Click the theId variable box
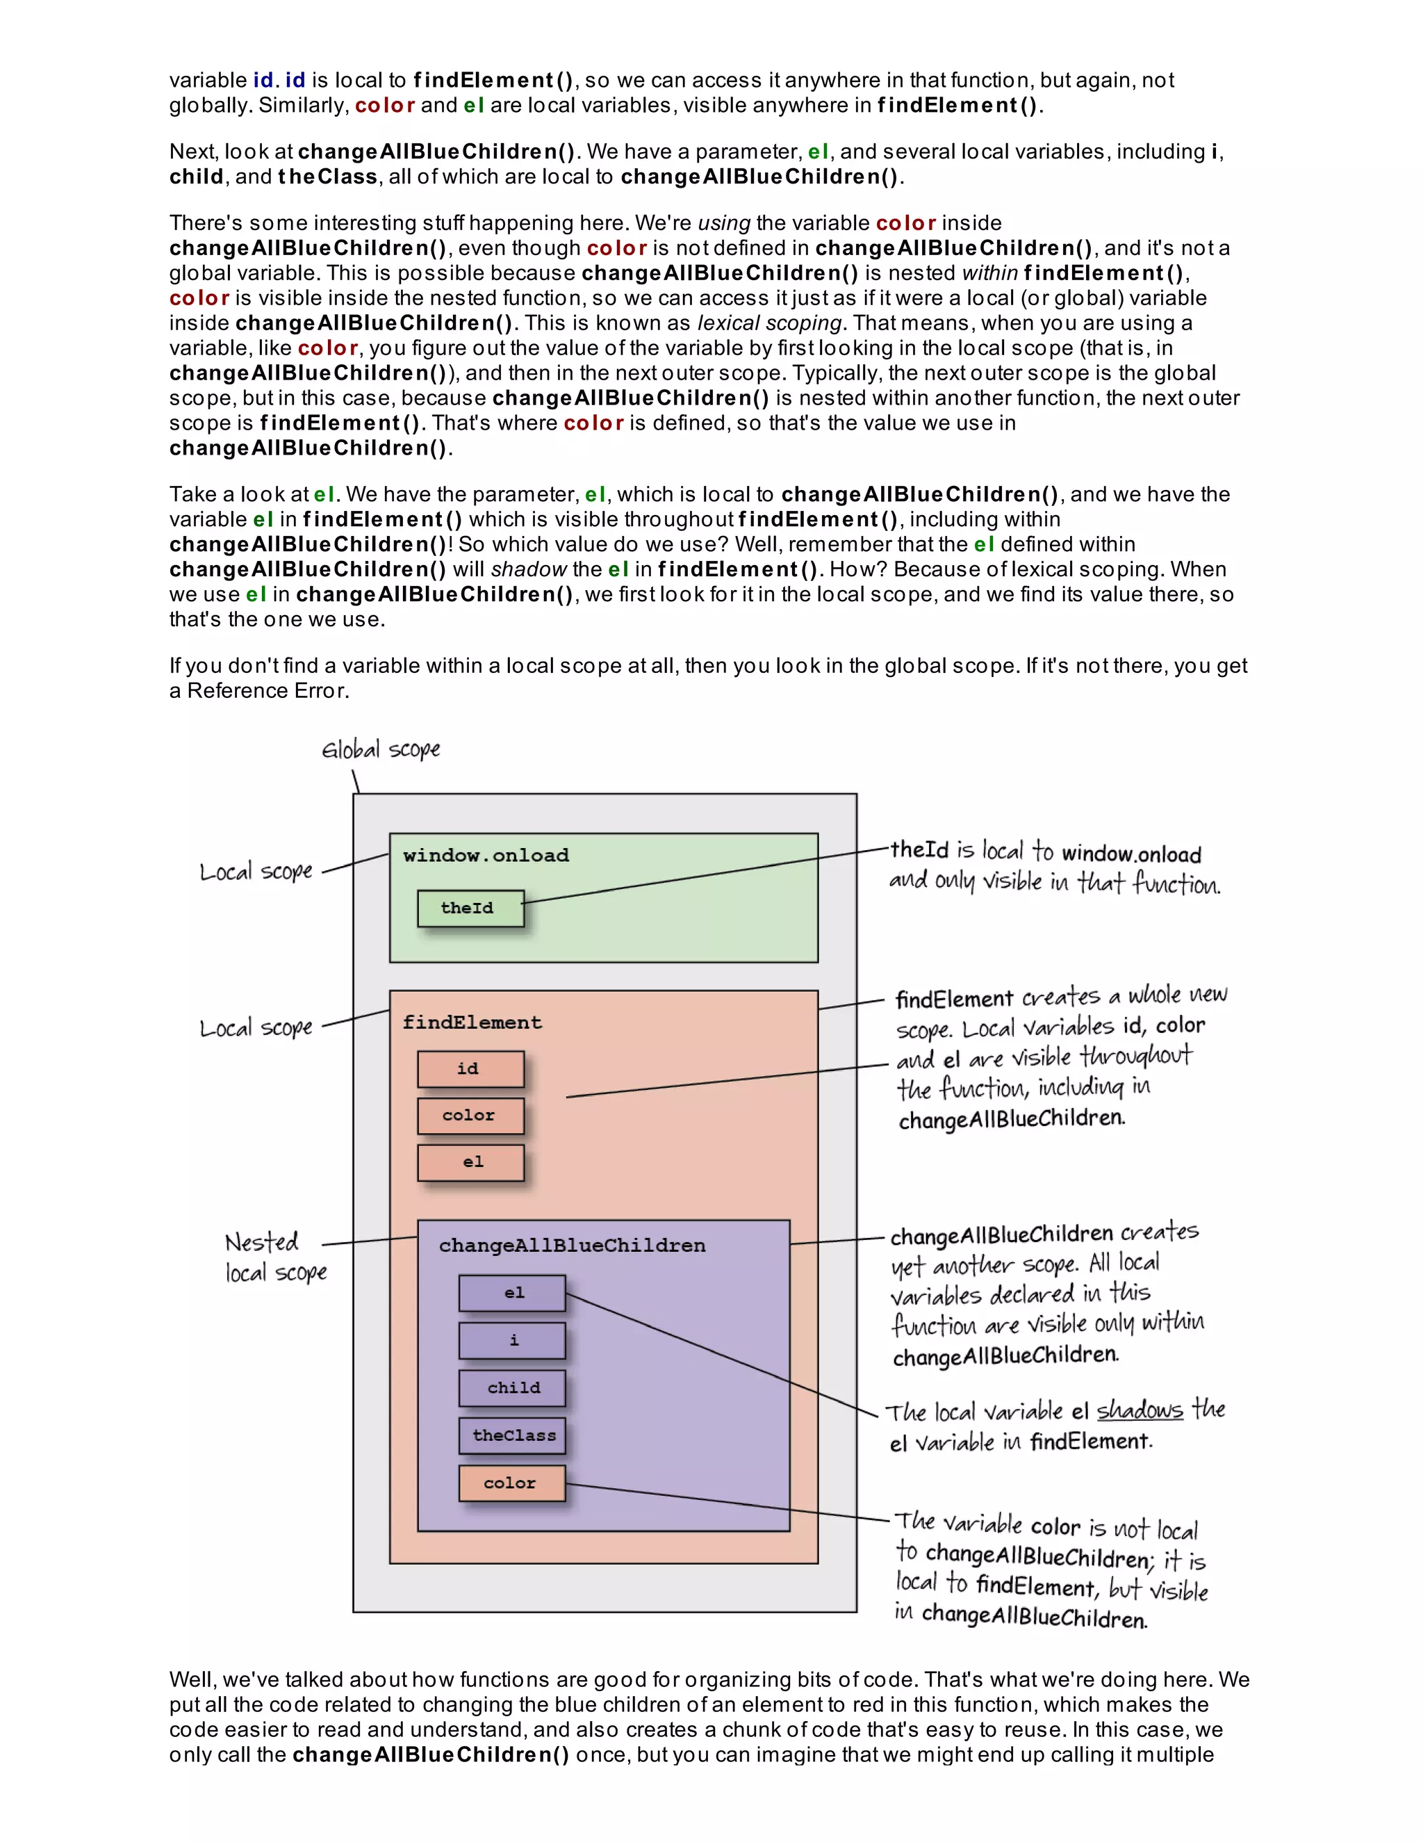coord(470,908)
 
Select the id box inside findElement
coord(470,1068)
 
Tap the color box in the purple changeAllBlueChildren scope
coord(511,1483)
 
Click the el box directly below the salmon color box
coord(470,1162)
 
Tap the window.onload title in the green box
coord(486,855)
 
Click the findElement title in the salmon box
coord(472,1022)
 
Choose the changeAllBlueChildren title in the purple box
coord(572,1245)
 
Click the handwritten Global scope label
coord(381,749)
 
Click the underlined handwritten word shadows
coord(1140,1410)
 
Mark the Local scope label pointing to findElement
coord(256,1028)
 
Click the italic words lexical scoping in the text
coord(769,323)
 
